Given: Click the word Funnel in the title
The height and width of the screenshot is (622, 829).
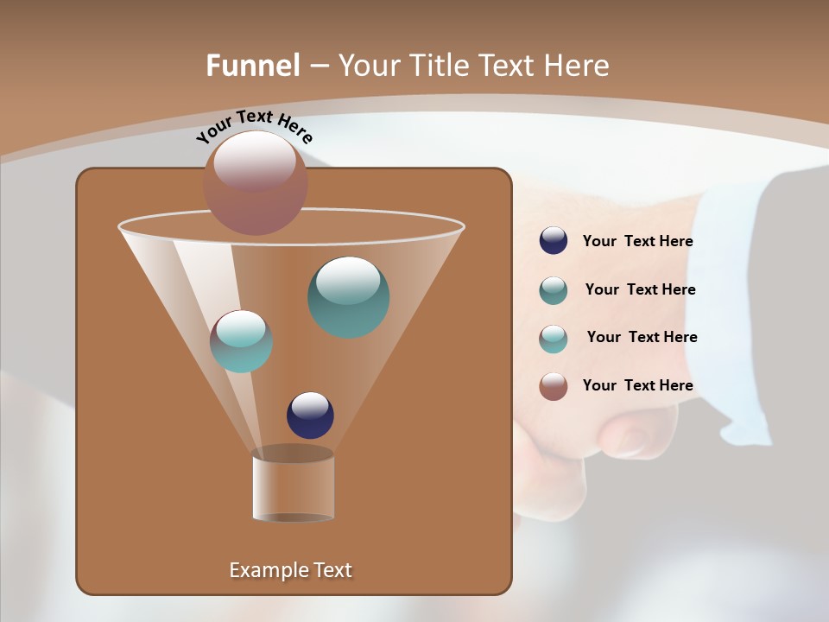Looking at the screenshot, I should pos(252,66).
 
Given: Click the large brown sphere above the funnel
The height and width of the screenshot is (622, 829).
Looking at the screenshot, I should pos(255,182).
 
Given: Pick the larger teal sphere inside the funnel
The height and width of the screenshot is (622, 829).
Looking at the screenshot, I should pos(348,296).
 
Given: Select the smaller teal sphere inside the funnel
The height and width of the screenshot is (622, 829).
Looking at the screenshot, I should pos(241,341).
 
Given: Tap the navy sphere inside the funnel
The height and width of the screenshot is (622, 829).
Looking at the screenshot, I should pos(310,415).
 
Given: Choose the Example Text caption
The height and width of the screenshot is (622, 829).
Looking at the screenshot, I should pos(290,570).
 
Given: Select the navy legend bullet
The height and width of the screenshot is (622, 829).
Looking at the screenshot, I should pos(554,241).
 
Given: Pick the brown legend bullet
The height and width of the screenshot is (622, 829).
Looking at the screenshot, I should pos(554,385).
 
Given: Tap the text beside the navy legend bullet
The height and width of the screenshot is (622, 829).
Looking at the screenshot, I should pos(637,242).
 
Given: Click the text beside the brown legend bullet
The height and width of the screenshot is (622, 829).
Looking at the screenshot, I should pos(637,385).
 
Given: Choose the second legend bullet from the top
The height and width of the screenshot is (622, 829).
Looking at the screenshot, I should pos(554,289).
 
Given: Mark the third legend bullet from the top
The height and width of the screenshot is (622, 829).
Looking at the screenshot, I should pos(554,338).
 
